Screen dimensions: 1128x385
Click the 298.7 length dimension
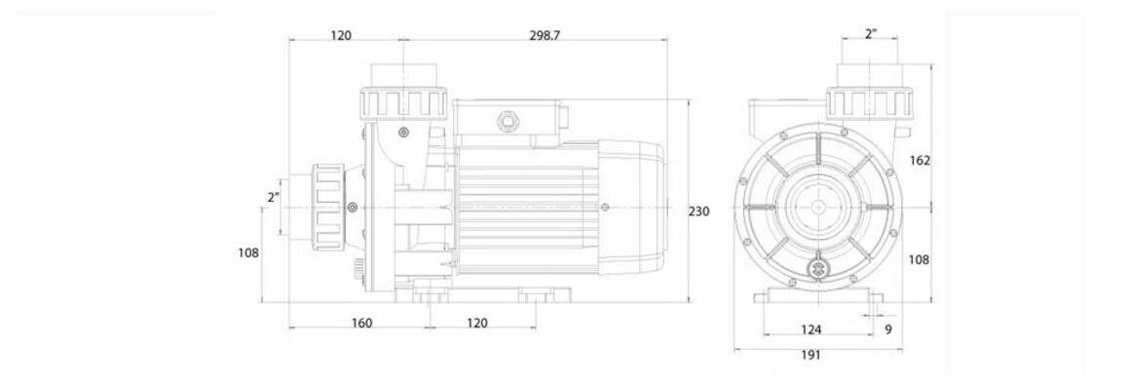(544, 35)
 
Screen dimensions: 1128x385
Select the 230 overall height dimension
(699, 212)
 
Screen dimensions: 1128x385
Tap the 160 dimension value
(361, 324)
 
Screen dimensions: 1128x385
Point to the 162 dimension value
(921, 161)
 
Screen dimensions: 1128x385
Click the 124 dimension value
(810, 329)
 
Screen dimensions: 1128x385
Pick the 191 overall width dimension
(809, 355)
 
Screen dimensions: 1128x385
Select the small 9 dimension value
(888, 329)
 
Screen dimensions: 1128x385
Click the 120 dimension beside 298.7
(341, 35)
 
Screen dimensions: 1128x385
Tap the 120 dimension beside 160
(476, 324)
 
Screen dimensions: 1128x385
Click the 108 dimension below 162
(921, 259)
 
